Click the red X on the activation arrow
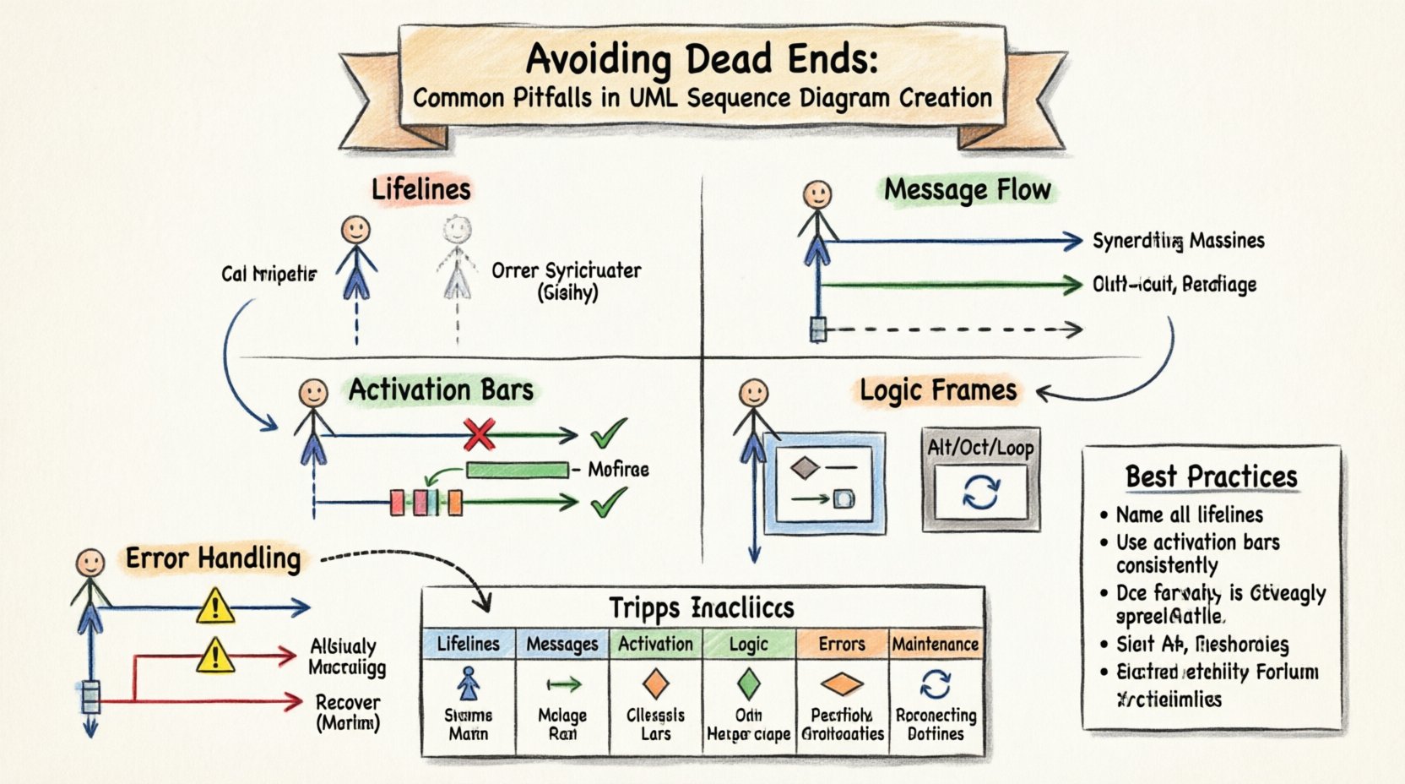coord(479,436)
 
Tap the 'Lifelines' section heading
coord(420,189)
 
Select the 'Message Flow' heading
coord(968,190)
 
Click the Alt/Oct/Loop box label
coord(980,447)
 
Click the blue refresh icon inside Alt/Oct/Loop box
coord(980,492)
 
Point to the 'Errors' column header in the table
coord(842,645)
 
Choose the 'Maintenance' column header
coord(936,645)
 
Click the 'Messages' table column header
coord(561,645)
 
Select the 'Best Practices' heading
coord(1211,476)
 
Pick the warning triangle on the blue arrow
coord(215,607)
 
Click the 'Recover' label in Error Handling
coord(348,703)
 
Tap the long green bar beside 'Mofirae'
coord(517,470)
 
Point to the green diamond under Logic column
coord(748,683)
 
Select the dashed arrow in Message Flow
coord(950,329)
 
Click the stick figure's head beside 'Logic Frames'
coord(753,393)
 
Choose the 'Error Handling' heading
coord(213,558)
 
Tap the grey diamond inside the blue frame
coord(805,467)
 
